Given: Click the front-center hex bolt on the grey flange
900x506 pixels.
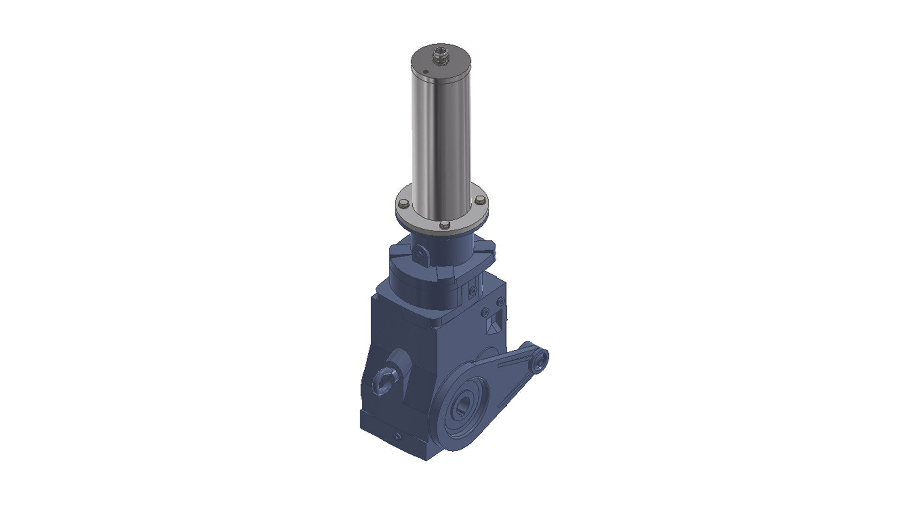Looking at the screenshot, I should pos(444,225).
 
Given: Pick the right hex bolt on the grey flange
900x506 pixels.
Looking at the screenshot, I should pos(479,200).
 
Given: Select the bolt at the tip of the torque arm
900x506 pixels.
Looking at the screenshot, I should pos(541,361).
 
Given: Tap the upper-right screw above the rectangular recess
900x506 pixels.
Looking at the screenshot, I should pos(501,300).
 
